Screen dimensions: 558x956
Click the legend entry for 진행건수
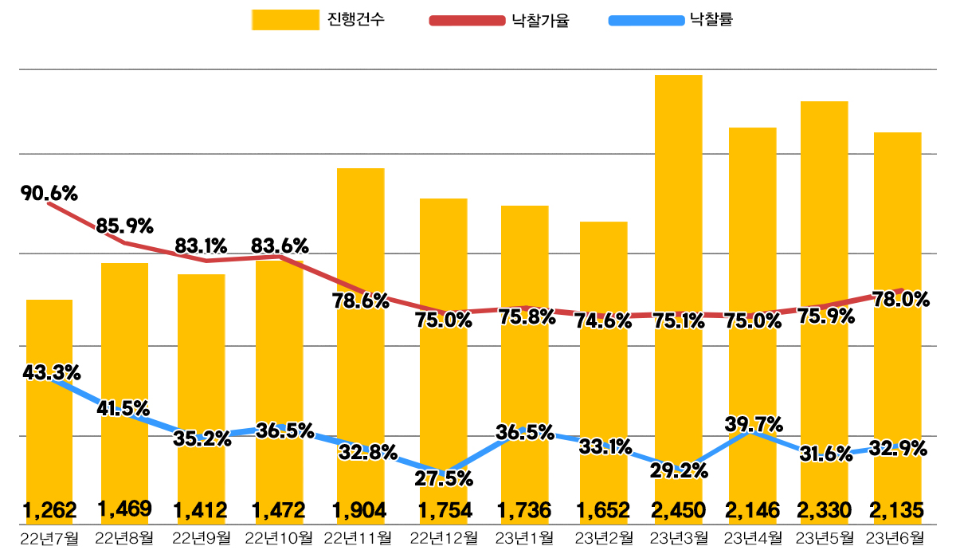319,20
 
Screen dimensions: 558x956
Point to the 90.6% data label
49,193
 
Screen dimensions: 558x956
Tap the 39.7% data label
754,423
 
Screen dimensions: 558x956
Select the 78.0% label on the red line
902,300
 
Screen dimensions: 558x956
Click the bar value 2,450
678,509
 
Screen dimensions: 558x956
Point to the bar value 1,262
49,509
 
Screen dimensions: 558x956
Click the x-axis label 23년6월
900,538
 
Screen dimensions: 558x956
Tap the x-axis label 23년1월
524,538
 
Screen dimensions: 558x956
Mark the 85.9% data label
124,226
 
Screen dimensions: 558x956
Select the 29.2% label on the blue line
680,470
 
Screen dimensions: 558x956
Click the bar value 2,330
824,509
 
